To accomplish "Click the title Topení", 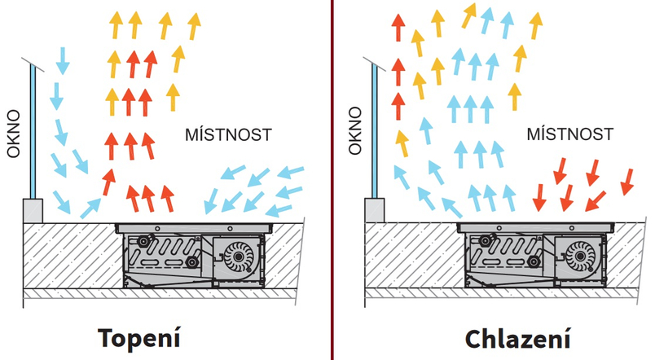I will [138, 338].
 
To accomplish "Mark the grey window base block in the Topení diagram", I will [33, 210].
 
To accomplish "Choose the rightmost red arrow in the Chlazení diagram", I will [627, 181].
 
